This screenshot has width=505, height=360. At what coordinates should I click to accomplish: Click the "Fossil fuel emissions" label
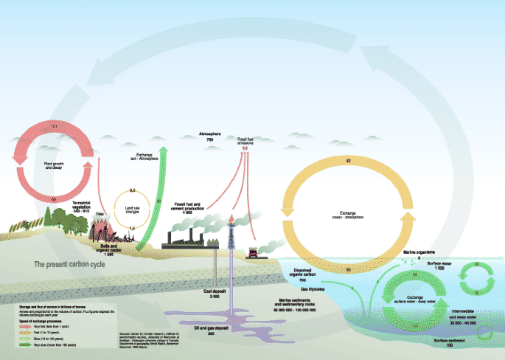click(245, 139)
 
